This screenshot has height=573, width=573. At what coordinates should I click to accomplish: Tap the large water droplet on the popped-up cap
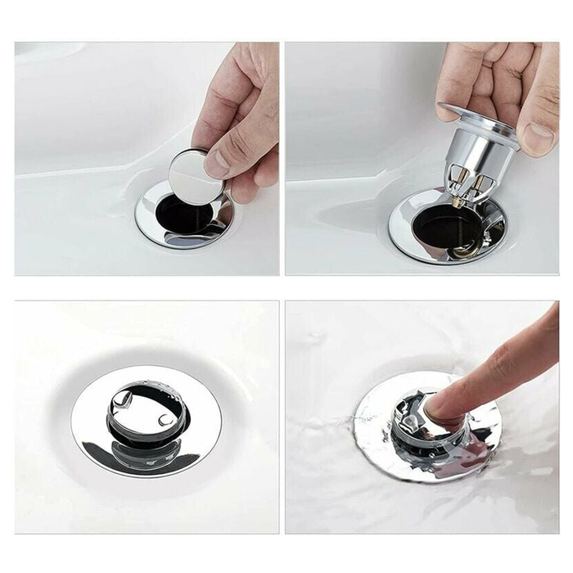[x=122, y=399]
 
